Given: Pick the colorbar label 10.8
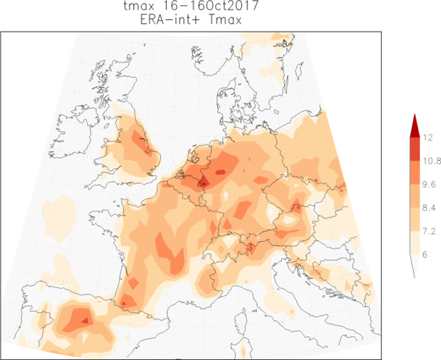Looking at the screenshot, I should pyautogui.click(x=431, y=160).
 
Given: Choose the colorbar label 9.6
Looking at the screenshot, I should pyautogui.click(x=429, y=184).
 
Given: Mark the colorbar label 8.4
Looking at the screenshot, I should pyautogui.click(x=429, y=207).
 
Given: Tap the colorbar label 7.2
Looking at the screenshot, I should pyautogui.click(x=429, y=230).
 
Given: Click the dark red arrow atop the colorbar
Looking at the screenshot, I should pyautogui.click(x=414, y=126).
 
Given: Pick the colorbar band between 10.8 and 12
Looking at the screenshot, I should pyautogui.click(x=414, y=148).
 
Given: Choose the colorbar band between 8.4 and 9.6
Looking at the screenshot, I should pyautogui.click(x=414, y=195).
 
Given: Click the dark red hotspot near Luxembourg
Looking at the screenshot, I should pyautogui.click(x=204, y=182).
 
